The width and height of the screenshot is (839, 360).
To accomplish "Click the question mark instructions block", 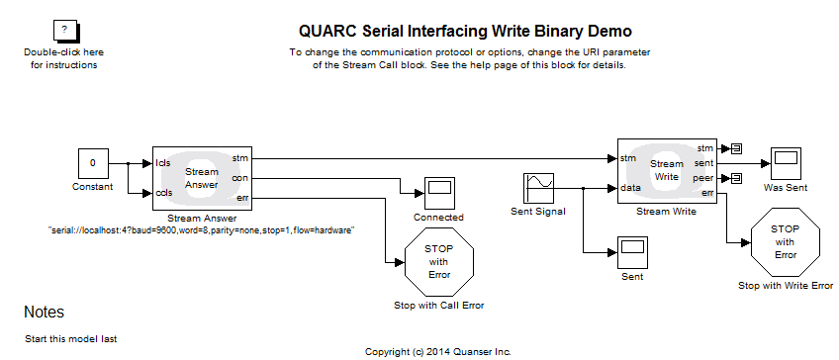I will click(63, 32).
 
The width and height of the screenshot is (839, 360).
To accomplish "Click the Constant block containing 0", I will click(93, 163).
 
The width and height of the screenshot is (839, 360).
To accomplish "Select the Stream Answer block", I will click(202, 177).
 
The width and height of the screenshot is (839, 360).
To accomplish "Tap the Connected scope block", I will click(438, 190).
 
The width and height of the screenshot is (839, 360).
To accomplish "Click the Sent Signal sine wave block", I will click(539, 187).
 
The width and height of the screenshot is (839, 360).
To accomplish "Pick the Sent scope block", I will click(631, 251).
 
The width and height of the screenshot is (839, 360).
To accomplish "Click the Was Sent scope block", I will click(787, 163).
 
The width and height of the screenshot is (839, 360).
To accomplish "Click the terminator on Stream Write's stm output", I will click(736, 148).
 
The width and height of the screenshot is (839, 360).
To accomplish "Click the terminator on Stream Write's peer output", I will click(736, 178).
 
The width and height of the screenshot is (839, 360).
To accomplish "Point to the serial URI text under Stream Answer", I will click(202, 229).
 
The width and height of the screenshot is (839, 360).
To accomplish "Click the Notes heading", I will click(44, 313).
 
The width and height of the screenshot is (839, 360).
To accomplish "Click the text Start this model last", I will click(70, 338).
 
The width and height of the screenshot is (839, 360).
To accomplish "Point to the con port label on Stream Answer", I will click(239, 178).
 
